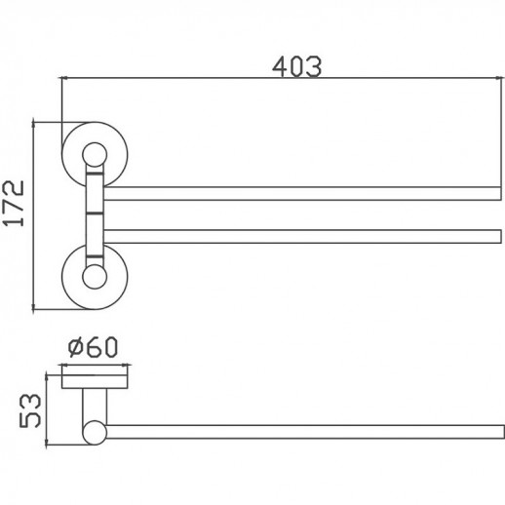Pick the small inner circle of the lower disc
point(94,278)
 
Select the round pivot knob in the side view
point(94,431)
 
